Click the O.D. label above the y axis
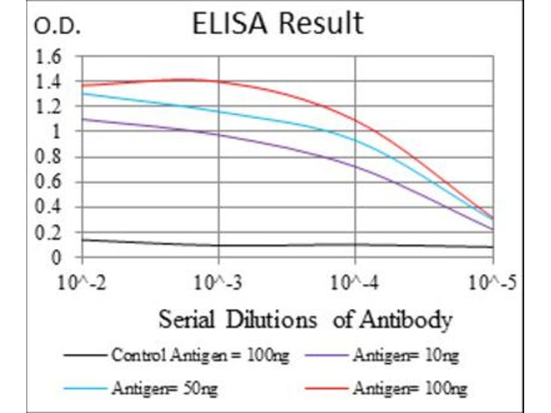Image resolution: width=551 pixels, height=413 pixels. coord(59,28)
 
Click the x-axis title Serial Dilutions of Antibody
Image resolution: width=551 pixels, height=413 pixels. coord(305,320)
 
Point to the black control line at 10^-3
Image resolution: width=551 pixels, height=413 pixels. coord(219,245)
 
